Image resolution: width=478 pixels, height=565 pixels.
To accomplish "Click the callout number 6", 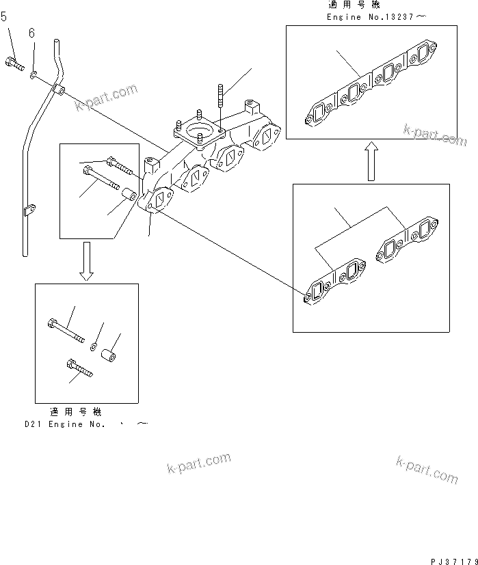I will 31,33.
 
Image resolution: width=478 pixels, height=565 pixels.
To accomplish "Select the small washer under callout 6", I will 33,70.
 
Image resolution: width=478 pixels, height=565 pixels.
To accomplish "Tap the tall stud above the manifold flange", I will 220,96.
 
